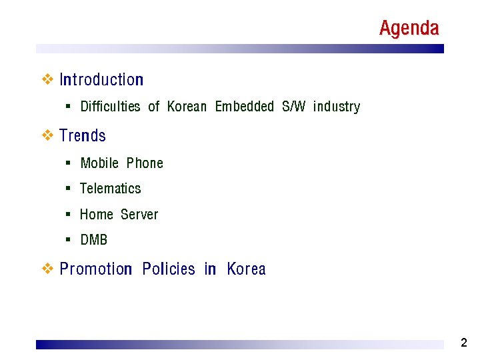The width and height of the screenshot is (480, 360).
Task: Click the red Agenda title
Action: [409, 28]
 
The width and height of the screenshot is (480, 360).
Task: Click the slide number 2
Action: [464, 343]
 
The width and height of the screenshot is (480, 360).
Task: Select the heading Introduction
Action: [101, 80]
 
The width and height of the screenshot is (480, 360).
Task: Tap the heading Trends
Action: [83, 136]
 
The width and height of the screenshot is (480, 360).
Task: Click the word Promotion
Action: [96, 269]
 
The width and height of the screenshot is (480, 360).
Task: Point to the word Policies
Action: [169, 269]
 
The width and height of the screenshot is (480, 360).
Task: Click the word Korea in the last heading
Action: [246, 269]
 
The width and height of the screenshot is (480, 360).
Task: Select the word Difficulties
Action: [110, 107]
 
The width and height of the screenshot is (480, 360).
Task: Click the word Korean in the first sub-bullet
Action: [187, 107]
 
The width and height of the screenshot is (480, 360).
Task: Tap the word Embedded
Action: [244, 107]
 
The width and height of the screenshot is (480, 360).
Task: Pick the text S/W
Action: [293, 107]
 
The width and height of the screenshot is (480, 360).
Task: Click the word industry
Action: [336, 107]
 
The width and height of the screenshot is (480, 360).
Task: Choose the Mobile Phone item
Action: [121, 163]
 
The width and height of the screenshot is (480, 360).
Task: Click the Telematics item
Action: [111, 189]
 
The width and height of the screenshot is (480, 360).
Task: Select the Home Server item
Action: [119, 215]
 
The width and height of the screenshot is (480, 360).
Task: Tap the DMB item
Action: [93, 240]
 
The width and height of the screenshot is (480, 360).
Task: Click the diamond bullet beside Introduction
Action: [47, 80]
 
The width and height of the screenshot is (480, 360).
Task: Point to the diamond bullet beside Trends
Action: [47, 136]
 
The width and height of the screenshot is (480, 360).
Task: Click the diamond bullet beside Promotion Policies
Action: [47, 269]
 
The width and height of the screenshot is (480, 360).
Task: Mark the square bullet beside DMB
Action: [69, 239]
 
